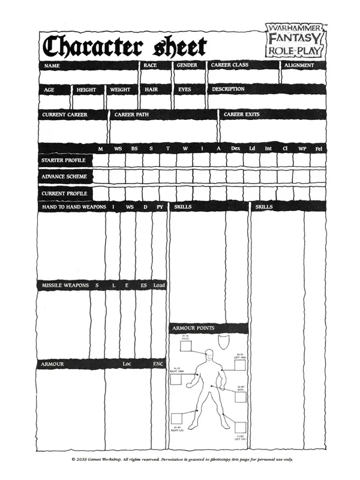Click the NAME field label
coord(52,65)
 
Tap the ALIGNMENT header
coord(299,65)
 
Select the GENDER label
coord(187,65)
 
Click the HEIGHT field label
coord(86,89)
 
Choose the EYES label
coord(184,89)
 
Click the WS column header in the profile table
coord(118,148)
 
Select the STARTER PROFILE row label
coord(64,161)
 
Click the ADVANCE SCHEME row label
coord(64,177)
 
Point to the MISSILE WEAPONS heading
coord(65,285)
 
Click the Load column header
coord(159,285)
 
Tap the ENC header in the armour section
coord(158,364)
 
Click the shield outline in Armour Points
coord(223,344)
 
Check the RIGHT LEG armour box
coord(177,419)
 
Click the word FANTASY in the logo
coord(295,38)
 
